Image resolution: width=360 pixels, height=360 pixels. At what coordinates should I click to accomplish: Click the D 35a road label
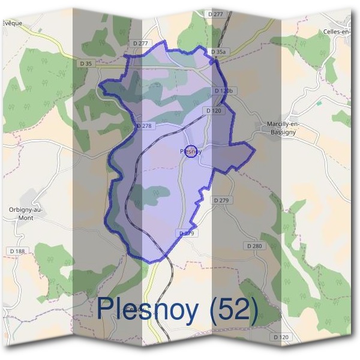coord(218,52)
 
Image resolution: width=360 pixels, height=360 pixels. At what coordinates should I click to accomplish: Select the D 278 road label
coord(145,126)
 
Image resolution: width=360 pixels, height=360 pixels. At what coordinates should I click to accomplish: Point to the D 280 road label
coord(254,246)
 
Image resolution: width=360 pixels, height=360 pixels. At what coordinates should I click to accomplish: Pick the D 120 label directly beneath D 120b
coord(214,110)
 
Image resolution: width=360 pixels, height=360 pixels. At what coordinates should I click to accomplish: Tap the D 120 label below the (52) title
coord(281,337)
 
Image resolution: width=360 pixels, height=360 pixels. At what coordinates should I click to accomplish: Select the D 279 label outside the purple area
coord(221,200)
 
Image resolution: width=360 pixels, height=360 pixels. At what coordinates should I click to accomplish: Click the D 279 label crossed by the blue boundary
coord(187,233)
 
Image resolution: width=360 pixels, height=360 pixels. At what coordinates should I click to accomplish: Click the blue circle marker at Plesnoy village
coord(191,151)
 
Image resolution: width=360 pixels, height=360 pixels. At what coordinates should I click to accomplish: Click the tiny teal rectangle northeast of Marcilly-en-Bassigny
coord(319,103)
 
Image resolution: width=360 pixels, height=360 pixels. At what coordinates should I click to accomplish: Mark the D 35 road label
coord(86,62)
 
